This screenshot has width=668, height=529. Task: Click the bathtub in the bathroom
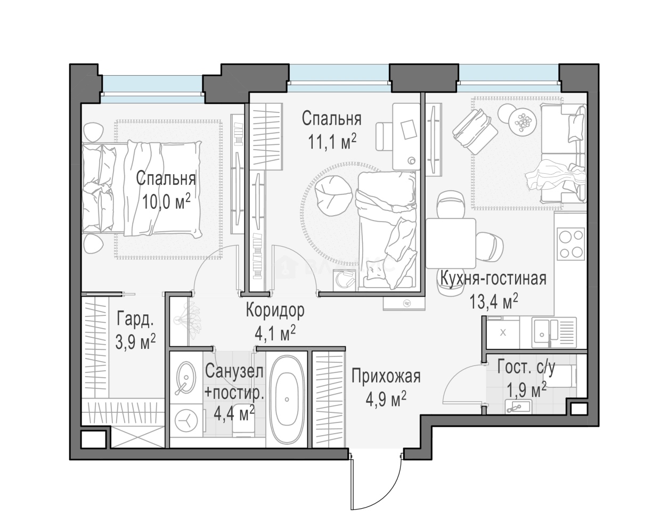tap(287, 399)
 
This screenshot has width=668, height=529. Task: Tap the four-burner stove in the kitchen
tap(571, 243)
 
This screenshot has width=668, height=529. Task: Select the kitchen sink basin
tap(542, 332)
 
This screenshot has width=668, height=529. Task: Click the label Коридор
tap(275, 311)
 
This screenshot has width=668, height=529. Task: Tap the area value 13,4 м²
tap(494, 302)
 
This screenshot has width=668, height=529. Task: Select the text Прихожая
tap(386, 376)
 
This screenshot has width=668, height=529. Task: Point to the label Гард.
tap(135, 320)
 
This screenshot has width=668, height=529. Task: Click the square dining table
tap(451, 243)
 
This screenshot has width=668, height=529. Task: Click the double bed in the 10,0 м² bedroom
tap(142, 190)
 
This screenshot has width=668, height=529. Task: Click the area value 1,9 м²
tap(526, 390)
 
